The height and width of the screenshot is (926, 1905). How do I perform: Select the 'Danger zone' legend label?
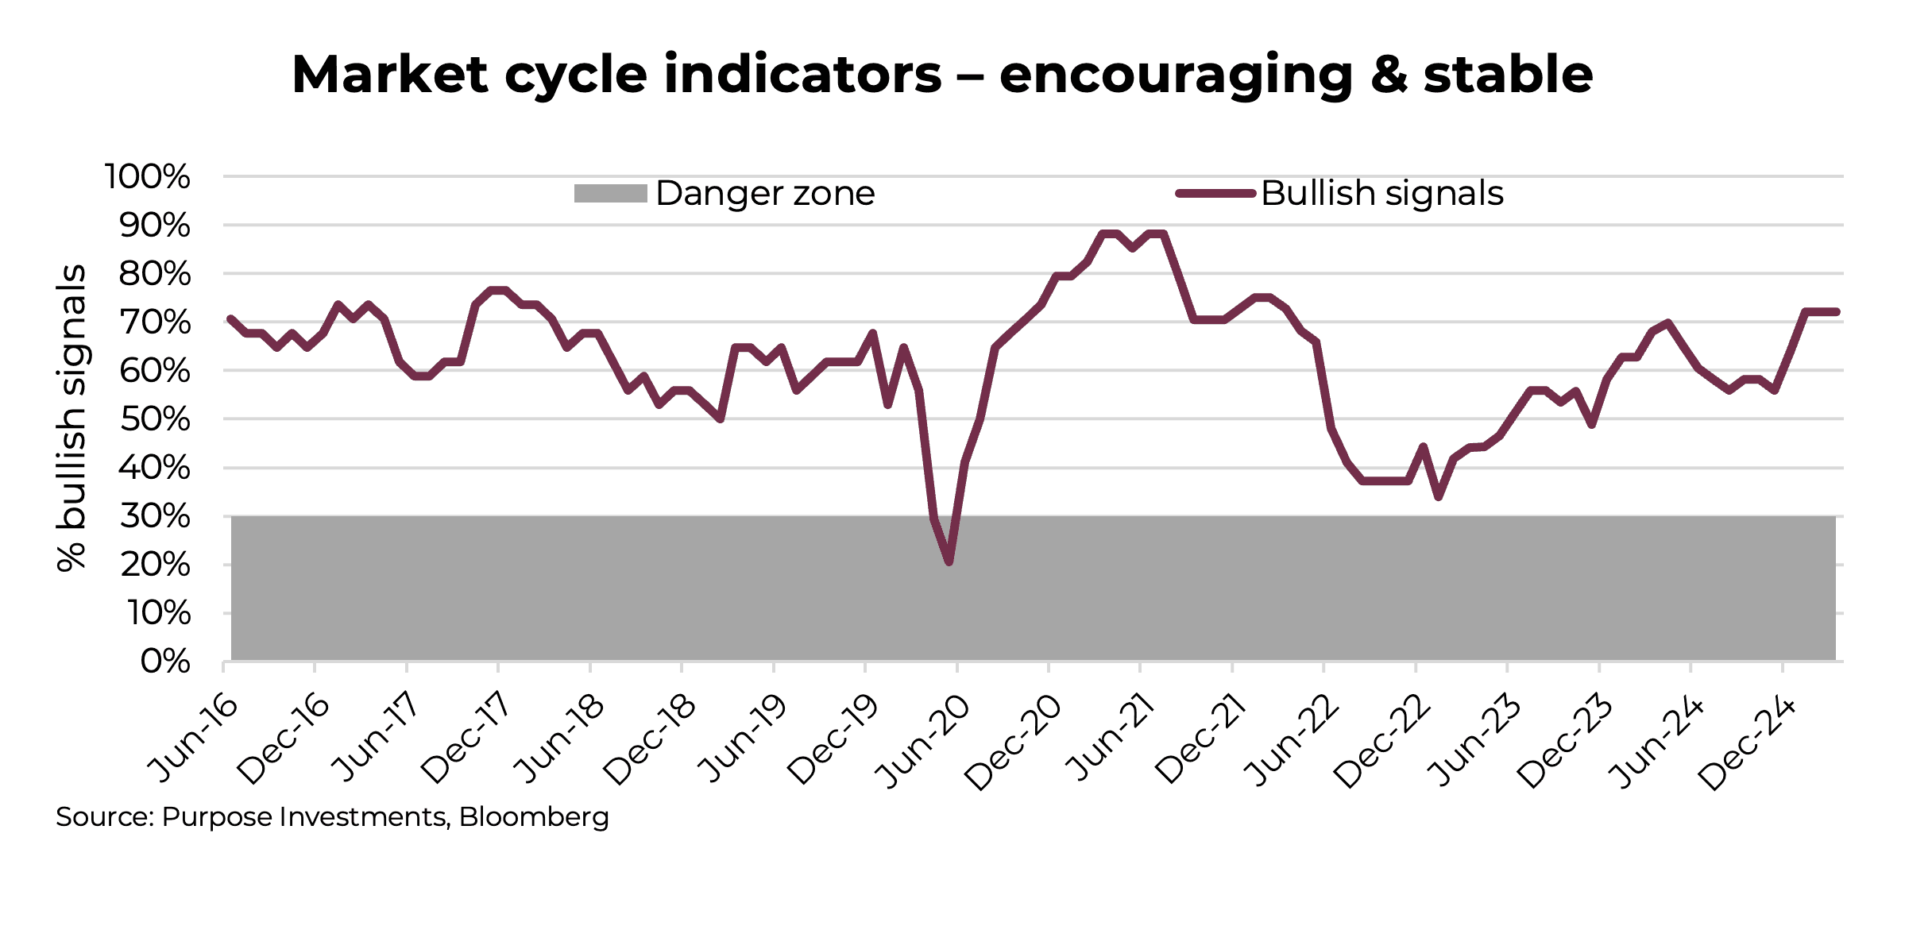[x=765, y=194]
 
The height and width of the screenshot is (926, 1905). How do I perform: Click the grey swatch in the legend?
[x=610, y=194]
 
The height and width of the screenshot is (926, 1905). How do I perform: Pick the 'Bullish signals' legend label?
[x=1381, y=194]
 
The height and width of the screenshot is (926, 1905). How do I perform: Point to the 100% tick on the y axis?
[x=148, y=176]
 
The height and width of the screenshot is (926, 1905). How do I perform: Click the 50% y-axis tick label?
[x=155, y=419]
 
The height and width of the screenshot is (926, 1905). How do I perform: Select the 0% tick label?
[x=165, y=662]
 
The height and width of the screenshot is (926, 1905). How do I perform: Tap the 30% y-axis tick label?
[x=155, y=516]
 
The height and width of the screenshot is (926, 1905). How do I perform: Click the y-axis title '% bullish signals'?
[x=71, y=418]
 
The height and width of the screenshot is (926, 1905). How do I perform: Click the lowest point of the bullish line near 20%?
[x=949, y=562]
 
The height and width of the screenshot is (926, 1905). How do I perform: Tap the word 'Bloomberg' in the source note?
[x=534, y=817]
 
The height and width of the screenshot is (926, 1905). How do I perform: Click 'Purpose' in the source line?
[x=212, y=817]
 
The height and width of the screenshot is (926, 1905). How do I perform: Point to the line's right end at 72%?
[x=1836, y=312]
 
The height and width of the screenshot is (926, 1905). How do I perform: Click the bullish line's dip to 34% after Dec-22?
[x=1439, y=496]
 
